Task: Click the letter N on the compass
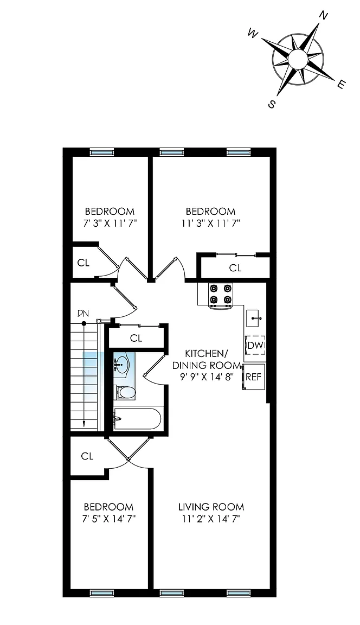coord(324,16)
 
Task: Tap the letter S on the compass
coord(272,104)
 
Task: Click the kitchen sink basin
coord(254,318)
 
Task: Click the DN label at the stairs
coord(83,314)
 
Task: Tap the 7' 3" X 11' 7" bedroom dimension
coord(109,222)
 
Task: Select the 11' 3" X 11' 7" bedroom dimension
coord(210,222)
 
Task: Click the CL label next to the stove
coord(235,267)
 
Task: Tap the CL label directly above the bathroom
coord(136,338)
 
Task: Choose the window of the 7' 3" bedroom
coord(101,152)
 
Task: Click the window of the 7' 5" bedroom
coord(101,593)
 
